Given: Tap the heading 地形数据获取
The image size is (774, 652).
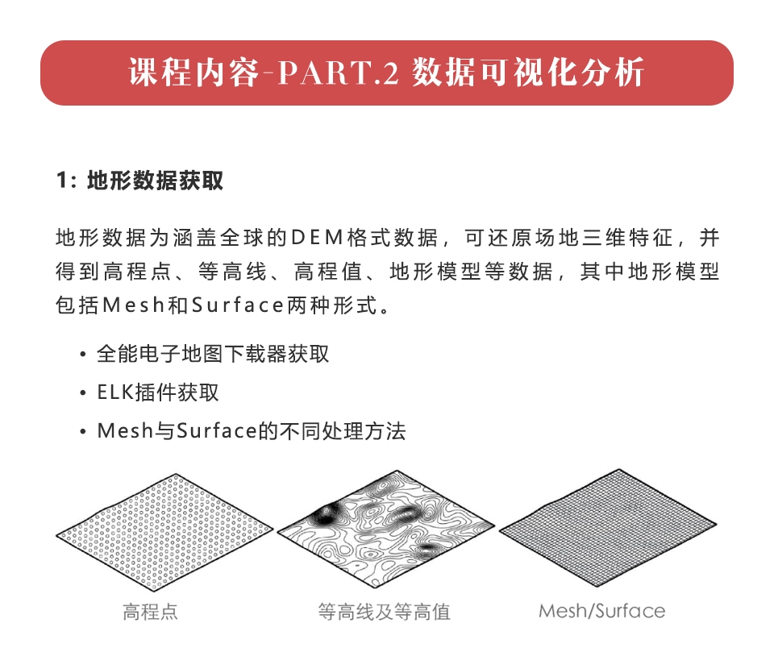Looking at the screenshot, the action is click(155, 181).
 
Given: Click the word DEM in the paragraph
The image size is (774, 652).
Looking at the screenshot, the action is click(317, 238).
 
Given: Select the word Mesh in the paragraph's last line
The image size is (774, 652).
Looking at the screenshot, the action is click(133, 305).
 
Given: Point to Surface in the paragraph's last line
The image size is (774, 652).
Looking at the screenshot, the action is click(237, 305).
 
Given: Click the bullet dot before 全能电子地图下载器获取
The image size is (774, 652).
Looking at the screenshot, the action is click(83, 355).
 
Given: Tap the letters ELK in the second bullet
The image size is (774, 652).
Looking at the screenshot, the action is click(115, 392).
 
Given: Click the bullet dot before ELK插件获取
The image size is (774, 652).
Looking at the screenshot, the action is click(83, 392).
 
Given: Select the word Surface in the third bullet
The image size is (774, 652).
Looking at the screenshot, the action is click(217, 431).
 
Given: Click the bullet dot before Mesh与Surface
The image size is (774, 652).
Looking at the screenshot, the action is click(83, 431).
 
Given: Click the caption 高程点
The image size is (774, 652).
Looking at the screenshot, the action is click(150, 612).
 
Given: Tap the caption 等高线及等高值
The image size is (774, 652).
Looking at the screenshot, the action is click(384, 612).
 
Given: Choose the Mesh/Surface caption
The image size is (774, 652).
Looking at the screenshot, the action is click(601, 611).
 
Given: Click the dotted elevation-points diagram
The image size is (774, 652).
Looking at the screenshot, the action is click(164, 532).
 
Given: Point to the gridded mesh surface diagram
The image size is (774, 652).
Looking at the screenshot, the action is click(608, 528).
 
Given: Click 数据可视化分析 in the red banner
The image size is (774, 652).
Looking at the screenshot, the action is click(528, 73).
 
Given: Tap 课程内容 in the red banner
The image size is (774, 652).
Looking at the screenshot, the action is click(194, 73).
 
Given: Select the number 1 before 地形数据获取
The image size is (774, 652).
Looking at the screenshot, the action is click(61, 181).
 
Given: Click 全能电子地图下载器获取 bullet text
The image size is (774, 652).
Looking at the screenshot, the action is click(213, 354).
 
